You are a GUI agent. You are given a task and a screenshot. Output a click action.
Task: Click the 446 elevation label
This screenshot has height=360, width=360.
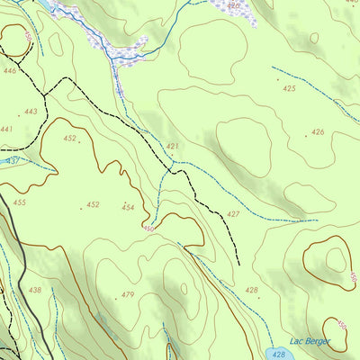point(10,70)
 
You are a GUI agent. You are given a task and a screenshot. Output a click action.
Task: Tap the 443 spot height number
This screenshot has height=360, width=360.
point(31,112)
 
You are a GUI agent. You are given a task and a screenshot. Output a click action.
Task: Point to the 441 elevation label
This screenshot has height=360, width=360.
point(6,130)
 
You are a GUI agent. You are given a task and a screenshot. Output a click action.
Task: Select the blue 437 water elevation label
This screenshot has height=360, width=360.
point(13,160)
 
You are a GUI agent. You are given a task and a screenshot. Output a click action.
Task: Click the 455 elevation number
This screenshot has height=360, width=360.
point(19,202)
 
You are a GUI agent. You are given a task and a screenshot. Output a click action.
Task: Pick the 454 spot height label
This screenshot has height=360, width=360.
point(128,207)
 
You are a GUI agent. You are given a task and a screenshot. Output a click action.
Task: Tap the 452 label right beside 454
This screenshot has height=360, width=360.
point(92,204)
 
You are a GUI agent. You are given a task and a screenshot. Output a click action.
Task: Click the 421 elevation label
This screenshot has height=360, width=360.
point(173,146)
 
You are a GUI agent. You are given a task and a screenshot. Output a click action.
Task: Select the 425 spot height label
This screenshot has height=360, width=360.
point(289,88)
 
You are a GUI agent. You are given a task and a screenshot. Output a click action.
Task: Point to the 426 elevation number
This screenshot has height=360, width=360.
point(317,132)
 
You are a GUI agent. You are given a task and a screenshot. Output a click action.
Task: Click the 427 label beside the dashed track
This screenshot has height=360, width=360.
point(233,214)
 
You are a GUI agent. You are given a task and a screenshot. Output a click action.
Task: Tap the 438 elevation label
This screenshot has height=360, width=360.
point(35,290)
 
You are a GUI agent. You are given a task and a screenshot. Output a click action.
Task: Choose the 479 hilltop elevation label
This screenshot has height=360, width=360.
point(128,295)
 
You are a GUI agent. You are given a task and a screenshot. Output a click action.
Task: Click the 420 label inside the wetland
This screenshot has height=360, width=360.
point(234,5)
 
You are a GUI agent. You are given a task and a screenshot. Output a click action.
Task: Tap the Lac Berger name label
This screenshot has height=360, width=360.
point(310,341)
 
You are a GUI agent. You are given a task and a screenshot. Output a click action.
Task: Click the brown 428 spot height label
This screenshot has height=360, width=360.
point(251,290)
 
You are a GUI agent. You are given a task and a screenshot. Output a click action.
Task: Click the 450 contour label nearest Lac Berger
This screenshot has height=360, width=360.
point(340,326)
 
